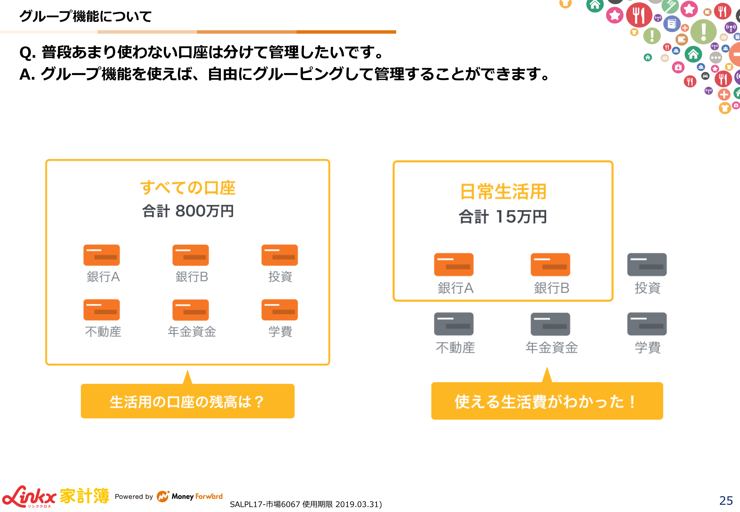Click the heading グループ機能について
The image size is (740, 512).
click(x=85, y=16)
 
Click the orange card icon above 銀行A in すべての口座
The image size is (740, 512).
click(x=102, y=255)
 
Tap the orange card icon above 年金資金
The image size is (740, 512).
click(x=191, y=310)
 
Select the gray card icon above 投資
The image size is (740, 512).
click(x=647, y=264)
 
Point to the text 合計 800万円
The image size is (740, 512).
click(x=188, y=211)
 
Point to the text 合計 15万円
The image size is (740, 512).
click(x=503, y=217)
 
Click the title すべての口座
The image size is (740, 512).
click(x=188, y=188)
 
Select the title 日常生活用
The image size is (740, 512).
click(x=503, y=192)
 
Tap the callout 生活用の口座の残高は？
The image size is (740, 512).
click(x=188, y=401)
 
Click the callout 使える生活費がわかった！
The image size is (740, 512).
click(x=547, y=401)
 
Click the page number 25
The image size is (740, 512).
click(x=726, y=500)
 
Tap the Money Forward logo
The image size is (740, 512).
click(x=190, y=496)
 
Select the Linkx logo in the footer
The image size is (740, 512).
click(x=29, y=497)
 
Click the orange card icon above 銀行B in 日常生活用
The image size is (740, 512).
click(x=550, y=264)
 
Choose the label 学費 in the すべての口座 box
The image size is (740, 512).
click(x=280, y=331)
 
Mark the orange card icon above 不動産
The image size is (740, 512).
click(x=102, y=310)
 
